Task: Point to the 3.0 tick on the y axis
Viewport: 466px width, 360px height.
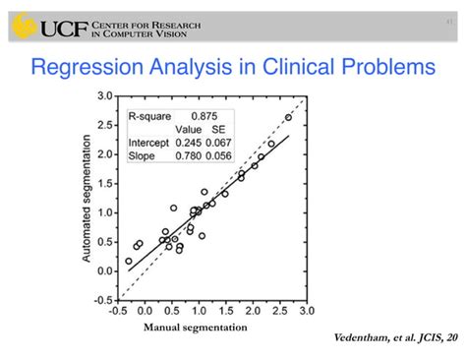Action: (x=106, y=96)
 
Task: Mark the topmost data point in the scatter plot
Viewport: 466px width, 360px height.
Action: (x=288, y=117)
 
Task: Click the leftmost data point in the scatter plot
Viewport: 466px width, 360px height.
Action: (x=129, y=262)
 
